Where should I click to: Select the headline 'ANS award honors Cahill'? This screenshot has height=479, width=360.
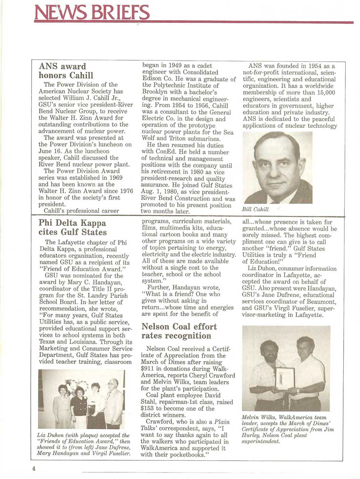pos(66,71)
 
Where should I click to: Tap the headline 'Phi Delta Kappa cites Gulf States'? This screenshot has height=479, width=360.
pos(72,228)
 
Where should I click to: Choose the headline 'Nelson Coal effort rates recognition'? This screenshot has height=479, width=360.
pos(179,331)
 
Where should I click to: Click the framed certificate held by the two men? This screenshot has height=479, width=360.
pos(285,378)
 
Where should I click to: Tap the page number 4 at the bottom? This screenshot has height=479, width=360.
pos(34,468)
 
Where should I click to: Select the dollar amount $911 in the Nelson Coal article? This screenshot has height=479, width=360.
pos(149,369)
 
